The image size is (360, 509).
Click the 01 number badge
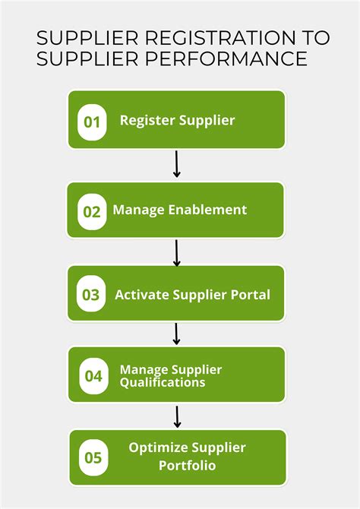[x=92, y=122]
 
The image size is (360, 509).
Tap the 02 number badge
[x=92, y=211]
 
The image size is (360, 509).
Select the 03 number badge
[x=91, y=295]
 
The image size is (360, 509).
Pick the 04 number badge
[x=93, y=375]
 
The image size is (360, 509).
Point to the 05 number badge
[x=93, y=457]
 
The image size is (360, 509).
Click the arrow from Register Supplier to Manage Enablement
[x=177, y=164]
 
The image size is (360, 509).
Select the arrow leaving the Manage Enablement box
[x=177, y=253]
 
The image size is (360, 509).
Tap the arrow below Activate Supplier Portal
[x=177, y=334]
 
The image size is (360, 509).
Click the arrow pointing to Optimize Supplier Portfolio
[x=177, y=416]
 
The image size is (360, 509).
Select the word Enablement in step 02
[x=206, y=210]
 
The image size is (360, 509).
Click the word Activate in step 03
[x=142, y=295]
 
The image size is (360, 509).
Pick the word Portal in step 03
[x=251, y=295]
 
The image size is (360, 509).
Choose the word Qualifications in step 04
[x=162, y=383]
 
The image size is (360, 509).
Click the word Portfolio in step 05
[x=187, y=465]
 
